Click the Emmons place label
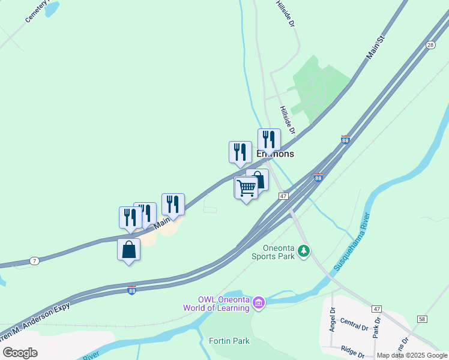(276, 154)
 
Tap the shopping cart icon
(246, 188)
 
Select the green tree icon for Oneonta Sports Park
(304, 250)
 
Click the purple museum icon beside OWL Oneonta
(259, 301)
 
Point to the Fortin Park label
(229, 341)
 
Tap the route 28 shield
(430, 45)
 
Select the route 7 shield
(35, 261)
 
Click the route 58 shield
(422, 319)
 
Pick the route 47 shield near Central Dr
(376, 308)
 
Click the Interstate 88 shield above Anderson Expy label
(132, 290)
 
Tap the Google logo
(20, 353)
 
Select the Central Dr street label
(354, 325)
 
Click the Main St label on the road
(375, 48)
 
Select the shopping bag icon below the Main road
(128, 250)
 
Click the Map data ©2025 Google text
(412, 355)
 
